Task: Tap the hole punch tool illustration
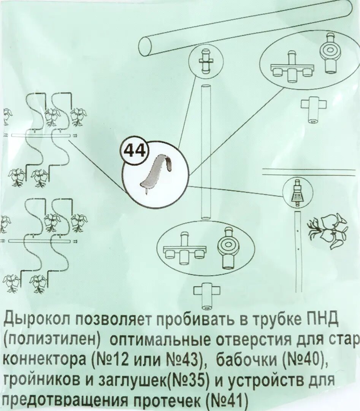tap(157, 173)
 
